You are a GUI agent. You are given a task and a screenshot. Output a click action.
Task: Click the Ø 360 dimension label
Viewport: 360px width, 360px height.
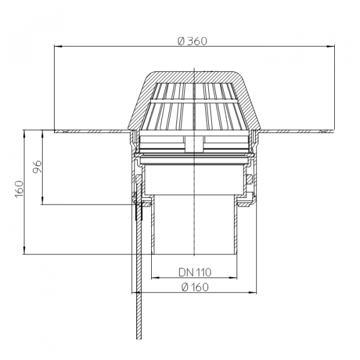[x=193, y=41]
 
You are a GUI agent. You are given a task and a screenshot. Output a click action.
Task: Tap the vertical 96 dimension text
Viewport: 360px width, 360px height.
[x=37, y=167]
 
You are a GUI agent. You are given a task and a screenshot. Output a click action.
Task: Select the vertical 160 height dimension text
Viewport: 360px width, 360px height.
[x=19, y=190]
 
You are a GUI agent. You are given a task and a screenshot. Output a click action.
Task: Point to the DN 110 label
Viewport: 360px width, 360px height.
[x=194, y=272]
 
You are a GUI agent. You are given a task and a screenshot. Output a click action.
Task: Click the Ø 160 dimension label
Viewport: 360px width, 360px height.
[x=195, y=287]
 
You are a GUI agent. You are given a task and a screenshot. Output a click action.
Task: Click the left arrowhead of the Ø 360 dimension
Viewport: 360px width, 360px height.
[x=58, y=46]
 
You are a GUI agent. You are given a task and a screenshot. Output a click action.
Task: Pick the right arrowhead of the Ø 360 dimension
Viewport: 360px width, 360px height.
[x=331, y=46]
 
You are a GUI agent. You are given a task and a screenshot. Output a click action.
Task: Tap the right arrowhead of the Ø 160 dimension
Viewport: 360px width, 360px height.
[x=253, y=293]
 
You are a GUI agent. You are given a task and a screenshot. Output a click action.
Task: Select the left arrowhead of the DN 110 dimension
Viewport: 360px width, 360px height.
[x=155, y=278]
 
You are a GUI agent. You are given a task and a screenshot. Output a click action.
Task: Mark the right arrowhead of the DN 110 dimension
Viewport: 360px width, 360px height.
[x=233, y=278]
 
